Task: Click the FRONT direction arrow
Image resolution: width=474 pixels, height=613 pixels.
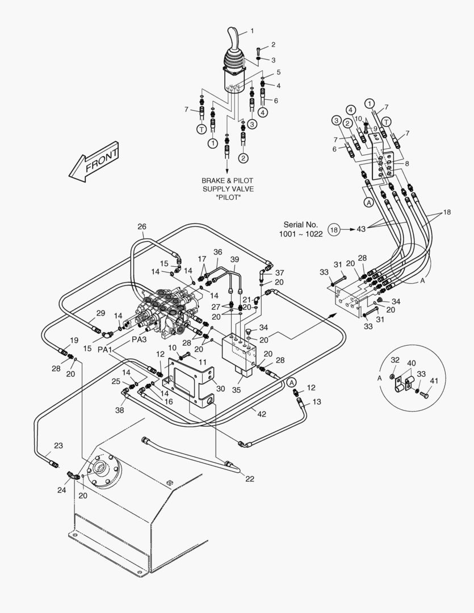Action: click(x=94, y=163)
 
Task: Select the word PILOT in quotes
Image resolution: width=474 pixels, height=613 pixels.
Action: click(x=227, y=197)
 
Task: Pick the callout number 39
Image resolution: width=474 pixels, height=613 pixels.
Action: click(x=234, y=259)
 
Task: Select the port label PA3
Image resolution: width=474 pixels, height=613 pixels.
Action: click(x=139, y=339)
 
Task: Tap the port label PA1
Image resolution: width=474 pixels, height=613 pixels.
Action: click(x=105, y=350)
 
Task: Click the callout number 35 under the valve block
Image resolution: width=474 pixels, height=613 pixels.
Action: click(x=237, y=390)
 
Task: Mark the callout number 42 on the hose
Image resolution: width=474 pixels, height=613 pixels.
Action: click(x=262, y=414)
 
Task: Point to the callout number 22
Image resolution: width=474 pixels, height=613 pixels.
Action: click(x=250, y=478)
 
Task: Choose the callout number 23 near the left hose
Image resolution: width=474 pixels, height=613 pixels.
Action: click(x=58, y=445)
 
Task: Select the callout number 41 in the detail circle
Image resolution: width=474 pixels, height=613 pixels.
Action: click(x=434, y=381)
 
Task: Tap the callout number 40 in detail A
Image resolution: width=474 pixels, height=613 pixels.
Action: click(x=412, y=363)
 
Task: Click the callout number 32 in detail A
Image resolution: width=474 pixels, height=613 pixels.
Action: click(x=395, y=360)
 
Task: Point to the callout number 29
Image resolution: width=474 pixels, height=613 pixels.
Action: click(x=100, y=313)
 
